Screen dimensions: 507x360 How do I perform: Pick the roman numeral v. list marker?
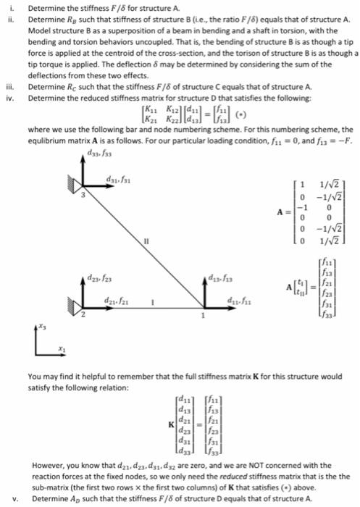(x=16, y=499)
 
